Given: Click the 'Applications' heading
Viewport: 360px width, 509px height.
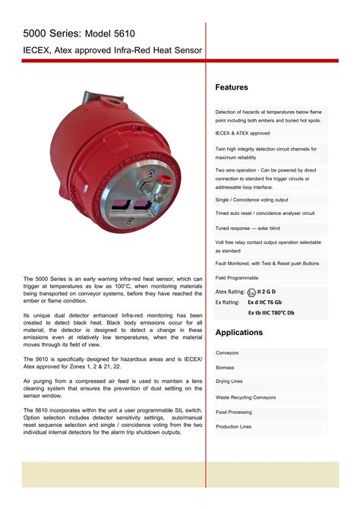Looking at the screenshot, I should pyautogui.click(x=239, y=333).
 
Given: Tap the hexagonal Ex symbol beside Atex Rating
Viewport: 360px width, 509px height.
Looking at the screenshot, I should pyautogui.click(x=251, y=292).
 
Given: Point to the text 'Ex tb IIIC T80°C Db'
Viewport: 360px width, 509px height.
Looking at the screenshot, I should pyautogui.click(x=271, y=312).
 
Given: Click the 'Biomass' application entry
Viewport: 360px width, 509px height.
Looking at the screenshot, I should pyautogui.click(x=226, y=367).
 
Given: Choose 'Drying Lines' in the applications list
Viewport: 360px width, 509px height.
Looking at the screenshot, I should pyautogui.click(x=229, y=381).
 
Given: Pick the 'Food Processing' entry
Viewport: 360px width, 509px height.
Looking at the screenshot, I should pyautogui.click(x=233, y=412).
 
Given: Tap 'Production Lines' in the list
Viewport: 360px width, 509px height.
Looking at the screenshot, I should pyautogui.click(x=233, y=426).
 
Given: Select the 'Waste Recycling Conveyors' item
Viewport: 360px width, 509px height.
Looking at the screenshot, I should pyautogui.click(x=245, y=397).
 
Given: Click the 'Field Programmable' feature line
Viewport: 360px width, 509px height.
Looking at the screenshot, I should pyautogui.click(x=237, y=277).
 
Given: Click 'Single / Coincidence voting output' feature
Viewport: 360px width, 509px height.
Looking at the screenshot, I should pyautogui.click(x=251, y=200).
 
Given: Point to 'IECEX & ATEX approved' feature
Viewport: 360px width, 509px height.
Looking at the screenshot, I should pyautogui.click(x=242, y=133).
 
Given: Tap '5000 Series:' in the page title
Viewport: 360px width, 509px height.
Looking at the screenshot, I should pyautogui.click(x=50, y=33).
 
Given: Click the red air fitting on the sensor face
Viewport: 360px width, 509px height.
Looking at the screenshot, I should pyautogui.click(x=161, y=181).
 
